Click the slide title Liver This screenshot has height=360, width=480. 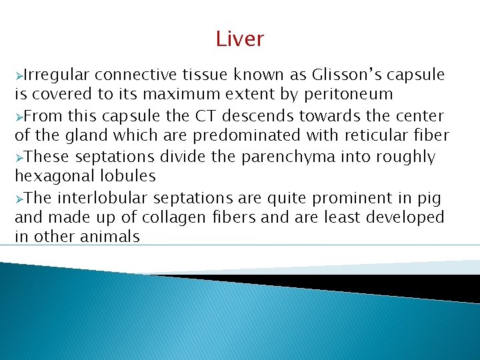[240, 39]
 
